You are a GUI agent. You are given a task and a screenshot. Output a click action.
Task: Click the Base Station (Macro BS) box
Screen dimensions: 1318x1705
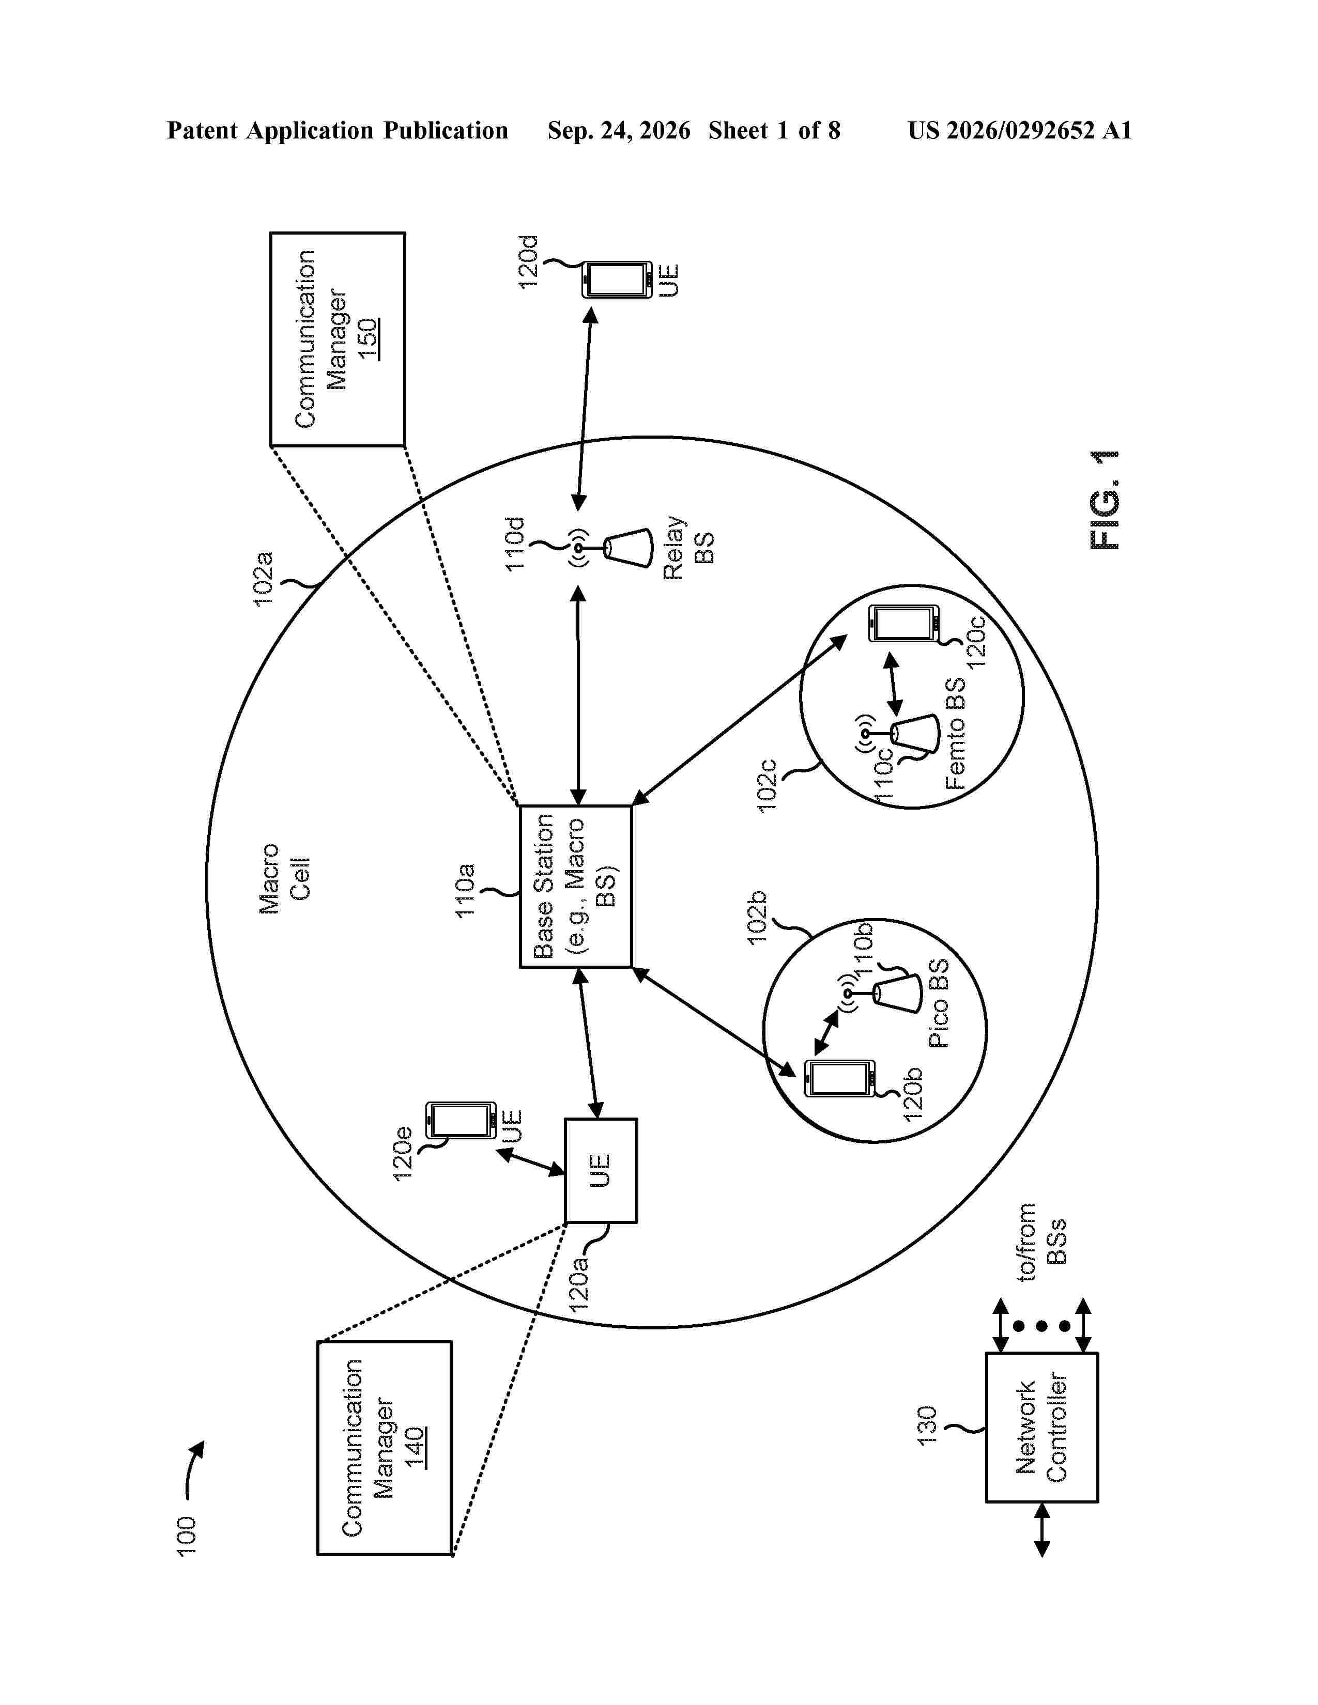click(x=575, y=886)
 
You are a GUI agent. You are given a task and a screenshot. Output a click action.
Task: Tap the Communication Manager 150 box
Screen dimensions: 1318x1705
click(x=338, y=339)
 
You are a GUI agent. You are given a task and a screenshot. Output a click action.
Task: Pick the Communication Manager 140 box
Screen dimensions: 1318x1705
click(x=384, y=1448)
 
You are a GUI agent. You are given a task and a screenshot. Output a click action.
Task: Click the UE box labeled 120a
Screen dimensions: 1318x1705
click(x=601, y=1170)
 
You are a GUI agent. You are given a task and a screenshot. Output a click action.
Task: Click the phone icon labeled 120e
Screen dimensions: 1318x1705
click(x=461, y=1120)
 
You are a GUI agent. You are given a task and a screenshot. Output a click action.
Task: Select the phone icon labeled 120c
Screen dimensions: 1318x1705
click(x=904, y=624)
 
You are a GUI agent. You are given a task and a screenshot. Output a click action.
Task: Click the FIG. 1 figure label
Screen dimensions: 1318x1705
click(x=1104, y=501)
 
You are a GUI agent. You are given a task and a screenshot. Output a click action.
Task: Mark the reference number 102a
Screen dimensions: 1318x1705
click(x=264, y=579)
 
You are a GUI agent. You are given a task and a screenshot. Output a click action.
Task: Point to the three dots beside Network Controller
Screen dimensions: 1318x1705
click(x=1041, y=1326)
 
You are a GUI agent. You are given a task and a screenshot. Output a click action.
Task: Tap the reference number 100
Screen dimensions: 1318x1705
click(x=186, y=1537)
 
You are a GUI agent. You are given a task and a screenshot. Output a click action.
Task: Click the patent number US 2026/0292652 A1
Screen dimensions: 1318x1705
click(x=1020, y=130)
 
